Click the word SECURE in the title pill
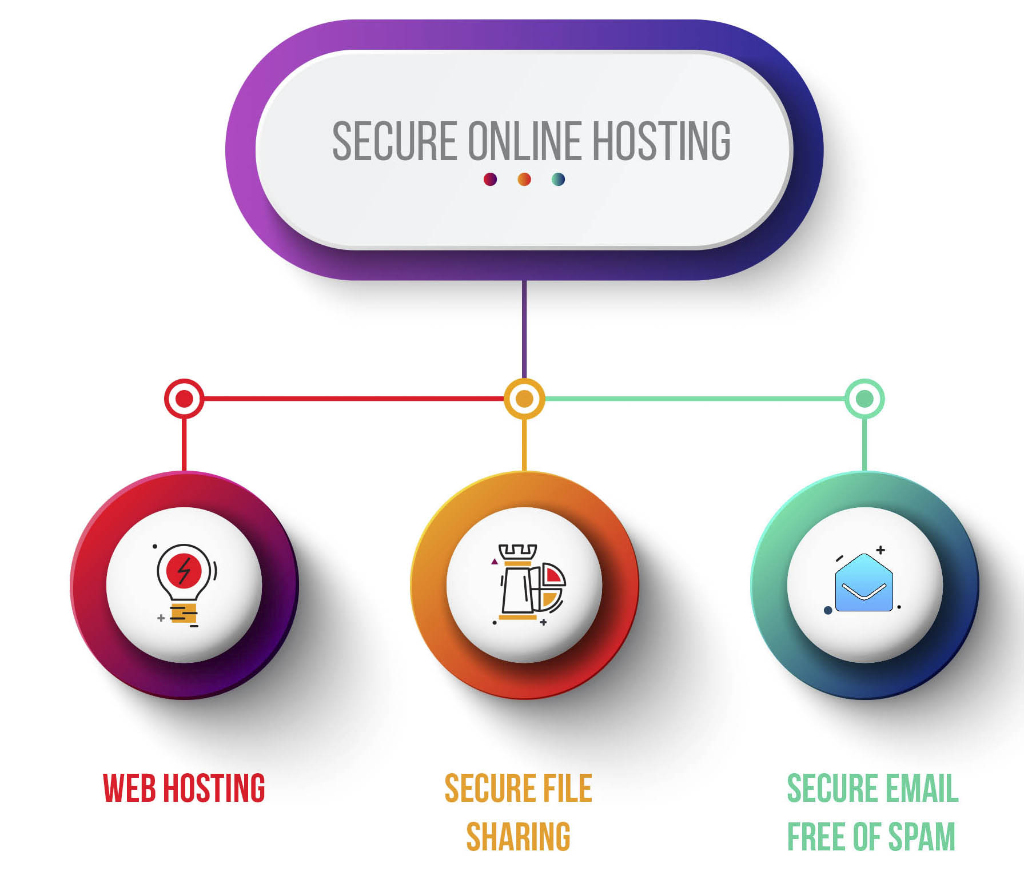click(395, 141)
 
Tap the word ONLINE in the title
click(524, 141)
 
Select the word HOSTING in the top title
click(661, 141)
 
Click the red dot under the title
click(490, 180)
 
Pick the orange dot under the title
click(524, 180)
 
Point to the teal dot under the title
click(559, 180)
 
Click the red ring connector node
click(184, 399)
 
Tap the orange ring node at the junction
click(524, 399)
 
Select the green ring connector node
click(864, 399)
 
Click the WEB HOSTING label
click(184, 788)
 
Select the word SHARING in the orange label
click(518, 837)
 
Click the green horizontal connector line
click(695, 399)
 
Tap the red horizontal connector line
click(354, 399)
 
